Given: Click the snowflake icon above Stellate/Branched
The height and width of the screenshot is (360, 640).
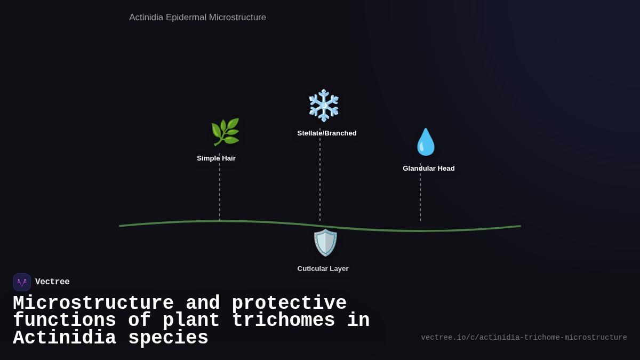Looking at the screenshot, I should pyautogui.click(x=324, y=105).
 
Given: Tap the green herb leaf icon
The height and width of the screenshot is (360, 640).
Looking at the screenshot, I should pyautogui.click(x=225, y=132).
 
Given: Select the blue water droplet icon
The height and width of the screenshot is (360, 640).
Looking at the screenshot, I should pyautogui.click(x=426, y=142).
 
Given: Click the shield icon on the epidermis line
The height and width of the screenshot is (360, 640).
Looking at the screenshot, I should pyautogui.click(x=325, y=243).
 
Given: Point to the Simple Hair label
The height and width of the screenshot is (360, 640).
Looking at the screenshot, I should pyautogui.click(x=216, y=158).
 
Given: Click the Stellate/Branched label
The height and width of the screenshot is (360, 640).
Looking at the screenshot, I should pyautogui.click(x=327, y=133).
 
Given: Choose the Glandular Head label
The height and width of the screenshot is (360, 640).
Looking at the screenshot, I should pyautogui.click(x=429, y=169).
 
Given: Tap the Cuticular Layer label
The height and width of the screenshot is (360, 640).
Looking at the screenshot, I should pyautogui.click(x=323, y=269).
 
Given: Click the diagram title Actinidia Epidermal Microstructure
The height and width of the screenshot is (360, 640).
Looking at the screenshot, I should pyautogui.click(x=197, y=18).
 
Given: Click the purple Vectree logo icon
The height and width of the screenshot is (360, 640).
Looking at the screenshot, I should pyautogui.click(x=22, y=282).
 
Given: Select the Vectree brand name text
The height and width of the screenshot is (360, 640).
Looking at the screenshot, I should pyautogui.click(x=52, y=282).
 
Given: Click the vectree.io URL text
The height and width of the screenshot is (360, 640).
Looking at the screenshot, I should pyautogui.click(x=524, y=338).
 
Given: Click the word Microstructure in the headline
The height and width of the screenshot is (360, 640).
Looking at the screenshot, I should pyautogui.click(x=93, y=303).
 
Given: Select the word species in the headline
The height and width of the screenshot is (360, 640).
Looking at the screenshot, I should pyautogui.click(x=168, y=338).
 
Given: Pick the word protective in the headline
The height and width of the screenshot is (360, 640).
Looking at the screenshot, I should pyautogui.click(x=289, y=303).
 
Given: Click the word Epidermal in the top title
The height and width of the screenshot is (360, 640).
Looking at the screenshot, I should pyautogui.click(x=186, y=18).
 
